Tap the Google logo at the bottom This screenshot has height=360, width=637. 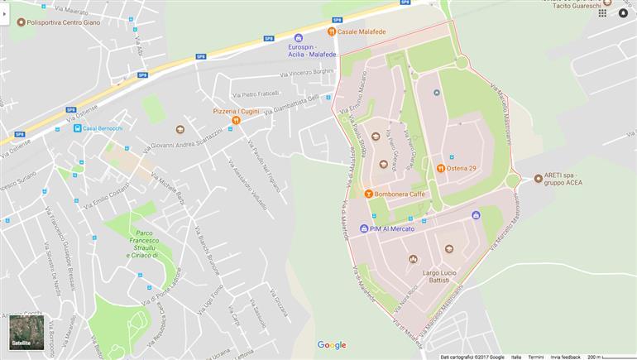(x=332, y=345)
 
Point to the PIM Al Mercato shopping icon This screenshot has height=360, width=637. (x=364, y=228)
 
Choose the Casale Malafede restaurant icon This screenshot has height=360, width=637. (x=332, y=31)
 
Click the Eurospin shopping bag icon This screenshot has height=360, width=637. (x=299, y=37)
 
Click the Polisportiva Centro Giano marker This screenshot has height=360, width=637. (x=21, y=22)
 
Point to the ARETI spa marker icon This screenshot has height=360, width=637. (x=536, y=176)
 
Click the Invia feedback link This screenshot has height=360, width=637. (x=566, y=357)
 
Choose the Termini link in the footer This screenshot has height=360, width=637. (x=536, y=357)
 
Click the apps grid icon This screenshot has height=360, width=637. (x=602, y=13)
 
